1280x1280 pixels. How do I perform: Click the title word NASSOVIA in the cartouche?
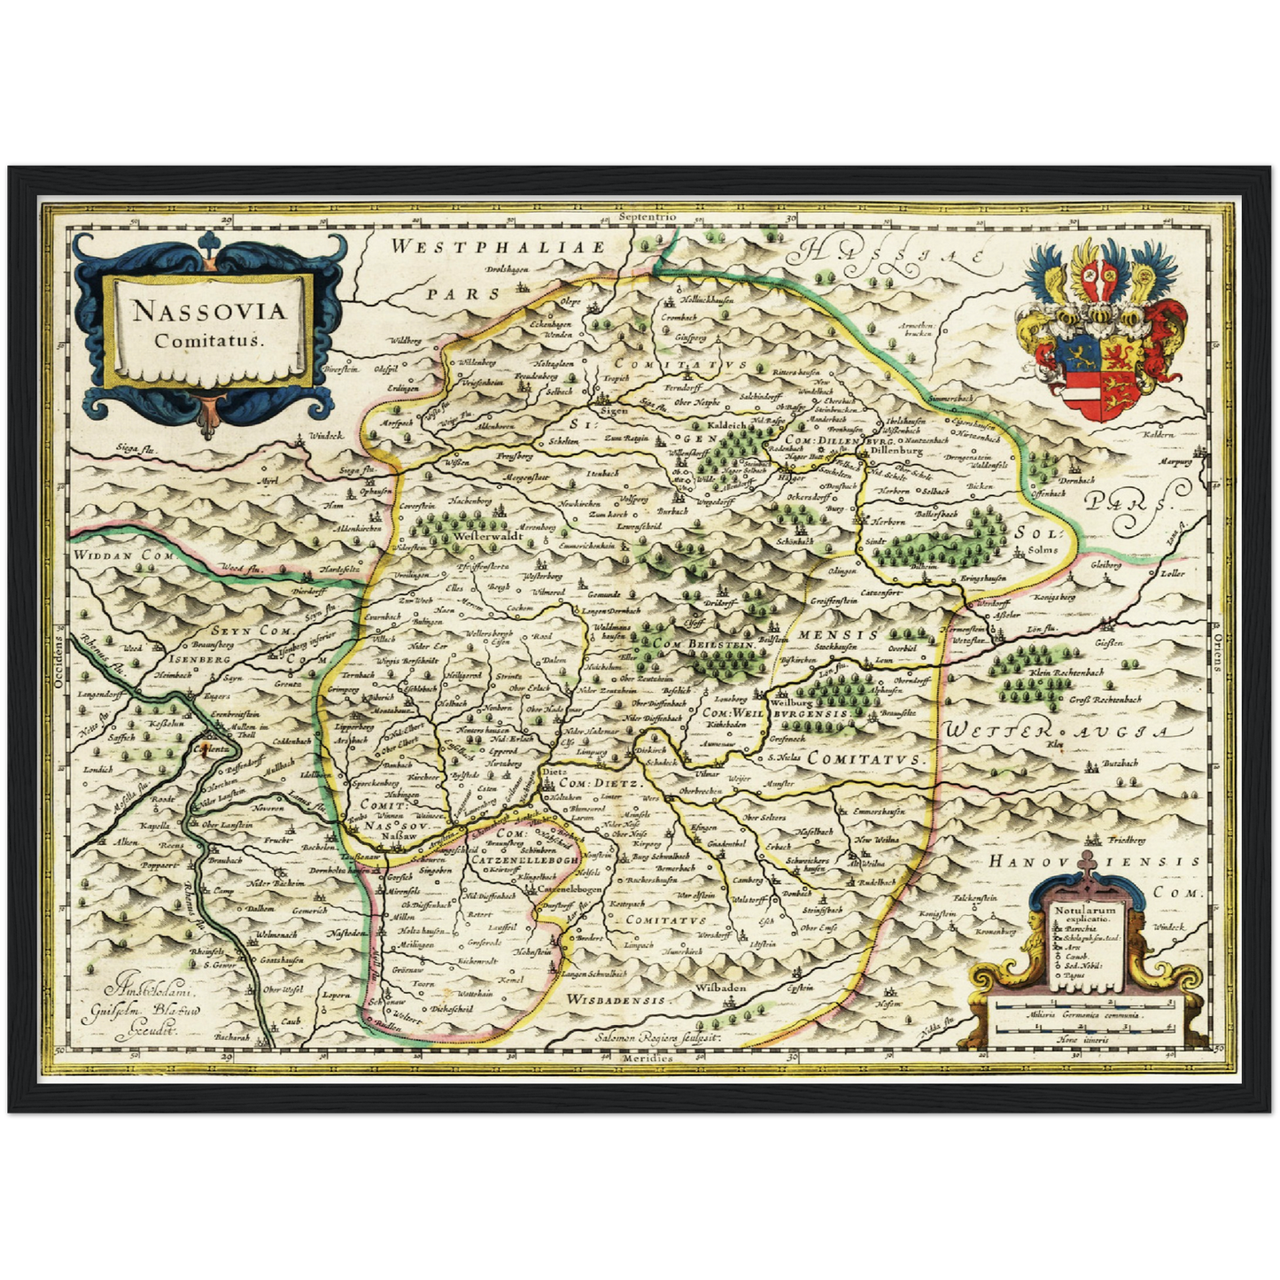point(209,312)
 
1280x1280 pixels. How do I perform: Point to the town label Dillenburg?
point(897,450)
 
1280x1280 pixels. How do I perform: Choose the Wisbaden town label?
point(720,988)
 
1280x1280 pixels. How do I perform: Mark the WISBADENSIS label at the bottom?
point(615,999)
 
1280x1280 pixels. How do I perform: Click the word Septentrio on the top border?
point(648,216)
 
